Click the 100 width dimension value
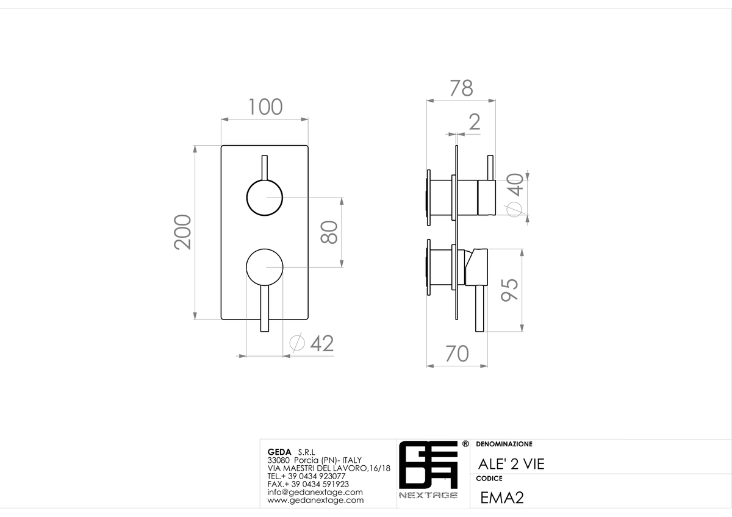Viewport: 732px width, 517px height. coord(265,107)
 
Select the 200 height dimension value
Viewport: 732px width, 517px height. coord(182,232)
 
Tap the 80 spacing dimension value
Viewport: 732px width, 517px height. coord(329,232)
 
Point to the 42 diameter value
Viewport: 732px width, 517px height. coord(322,343)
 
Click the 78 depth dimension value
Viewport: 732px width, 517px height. coord(461,88)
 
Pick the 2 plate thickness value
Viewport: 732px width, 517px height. coord(475,122)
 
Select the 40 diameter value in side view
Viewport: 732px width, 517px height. coord(515,185)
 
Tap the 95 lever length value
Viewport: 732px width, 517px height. coord(510,290)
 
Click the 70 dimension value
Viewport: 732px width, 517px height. coord(457,354)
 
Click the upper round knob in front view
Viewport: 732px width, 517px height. coord(265,198)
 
